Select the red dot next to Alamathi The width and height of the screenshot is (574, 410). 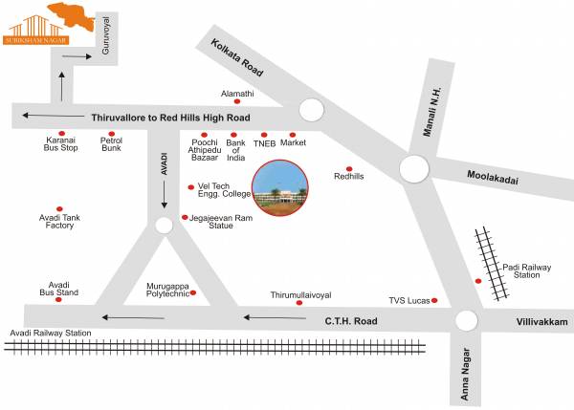237,102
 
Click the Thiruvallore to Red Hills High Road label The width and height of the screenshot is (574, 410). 170,117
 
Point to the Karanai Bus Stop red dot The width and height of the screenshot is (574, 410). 61,134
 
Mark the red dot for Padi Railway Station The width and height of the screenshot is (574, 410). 478,280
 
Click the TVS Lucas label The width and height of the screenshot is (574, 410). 408,300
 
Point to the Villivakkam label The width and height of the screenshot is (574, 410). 541,323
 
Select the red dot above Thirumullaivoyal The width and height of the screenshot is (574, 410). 300,303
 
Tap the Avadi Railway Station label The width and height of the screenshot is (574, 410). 51,333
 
